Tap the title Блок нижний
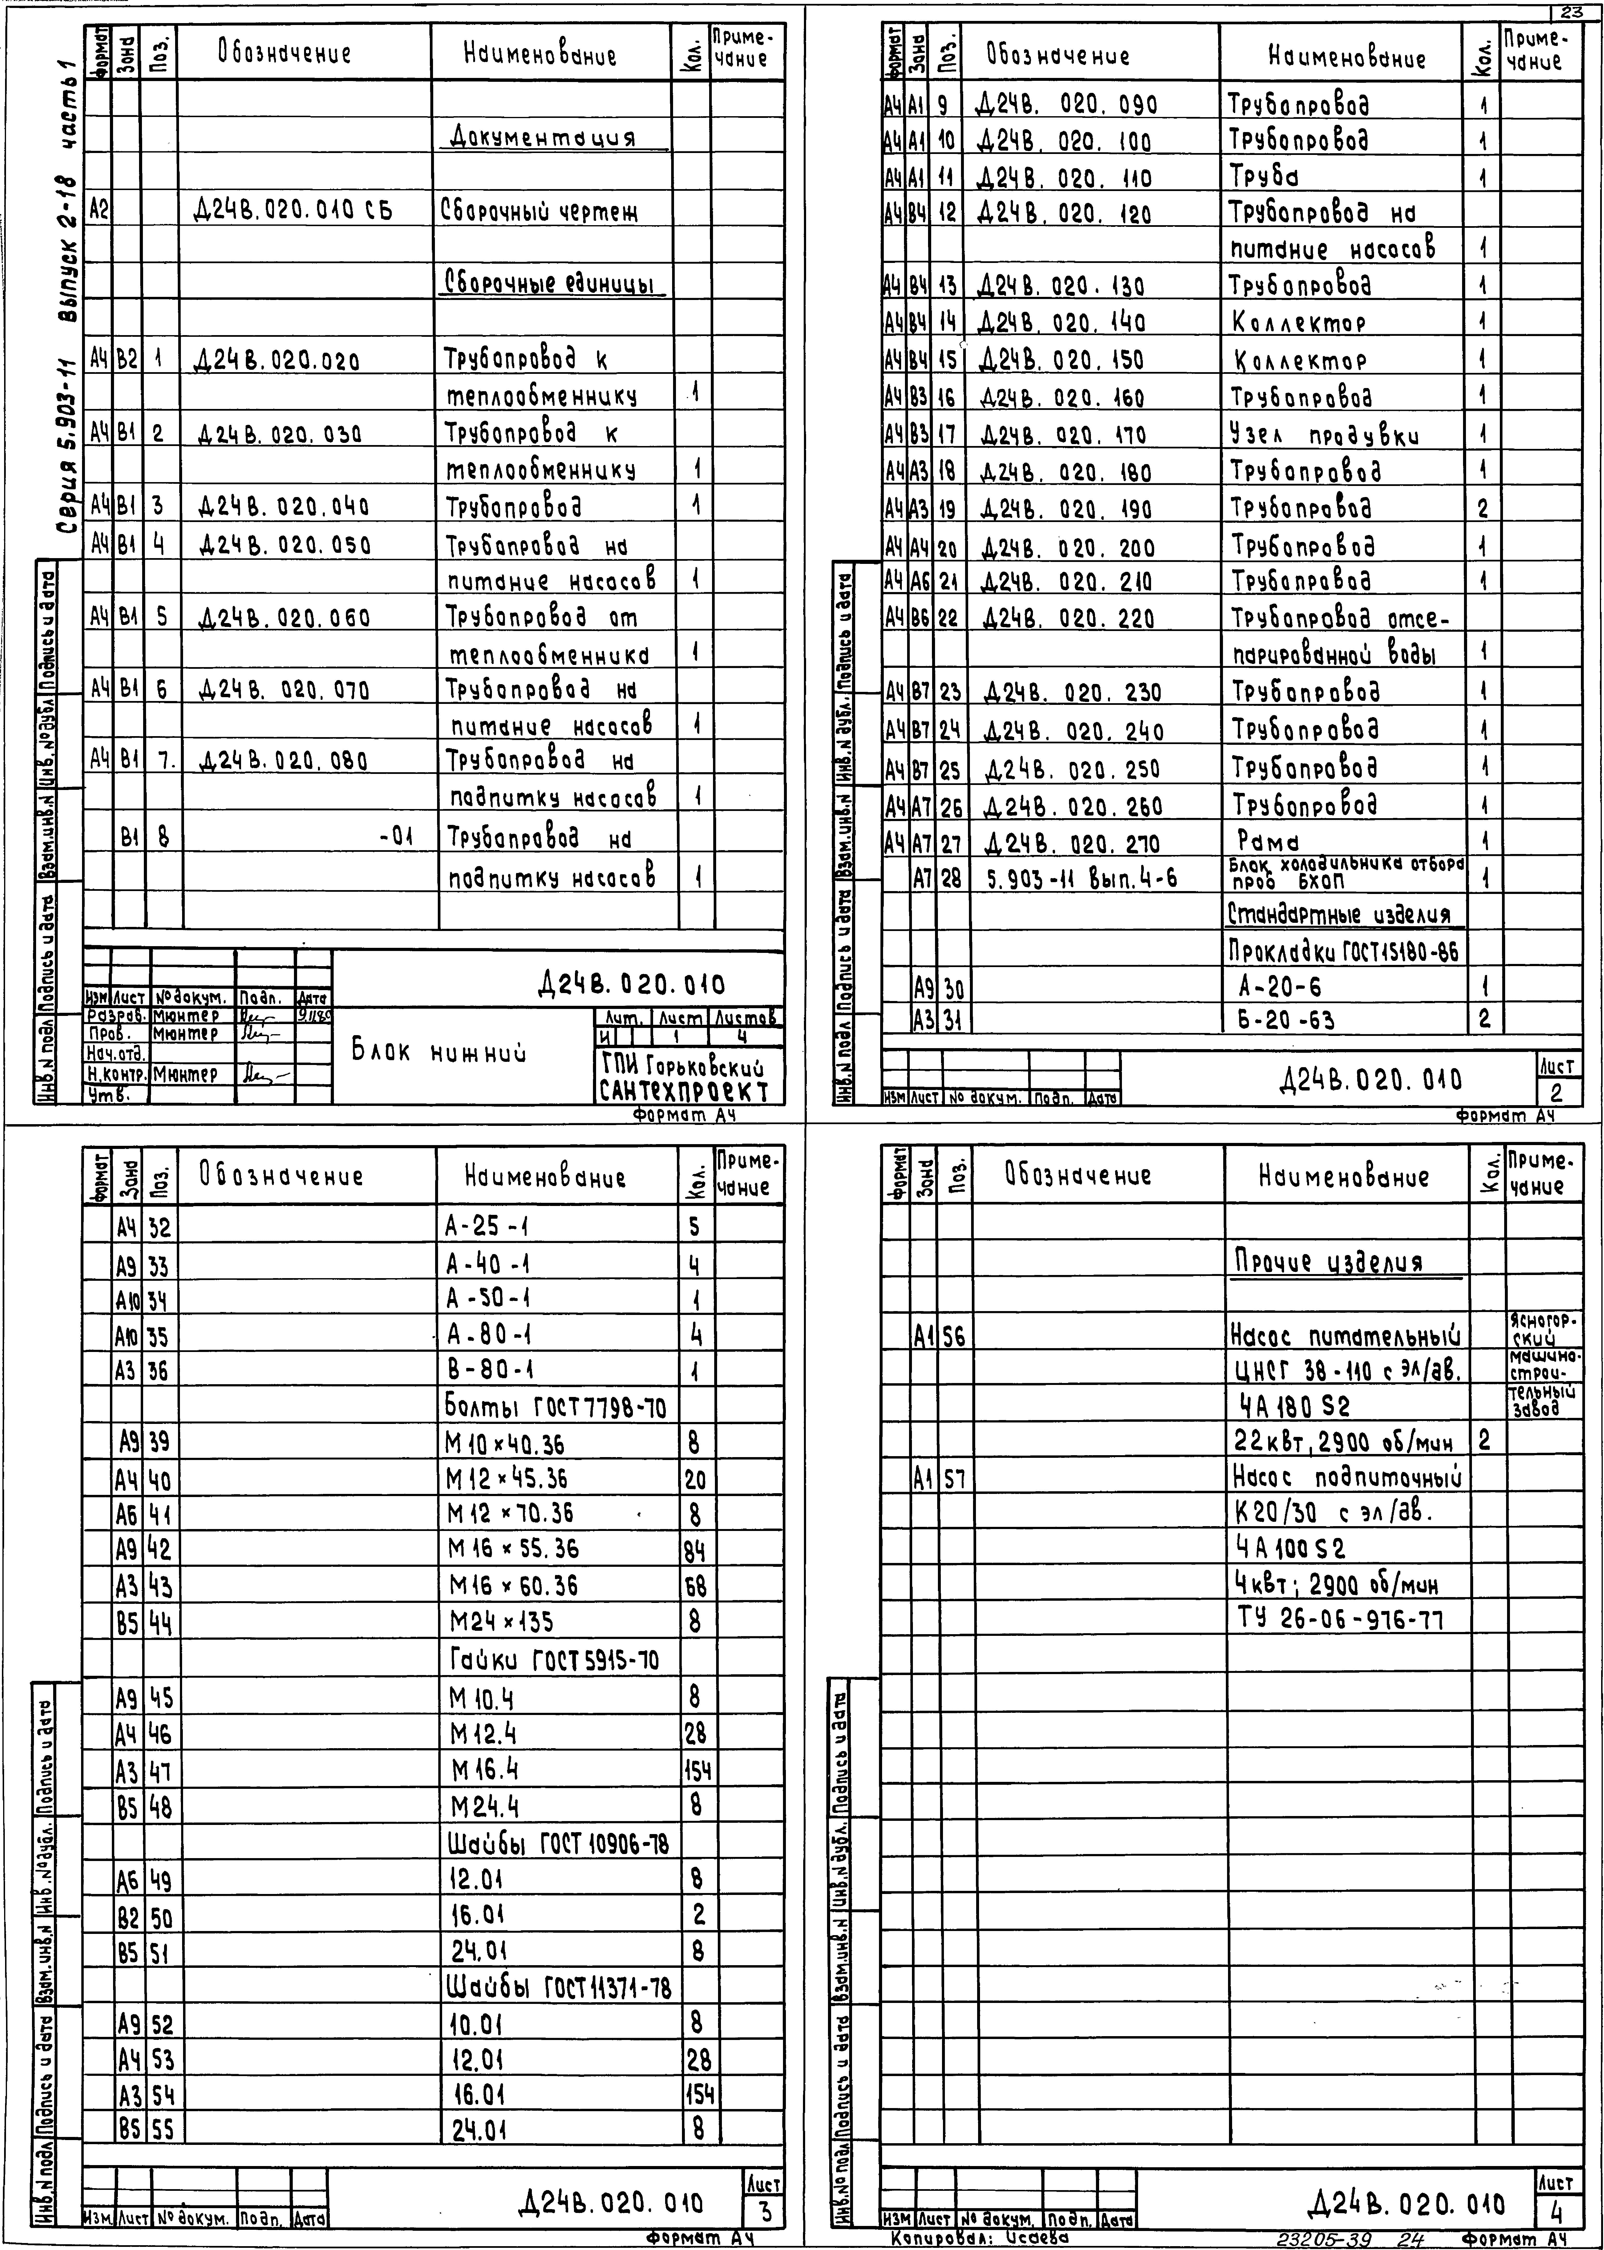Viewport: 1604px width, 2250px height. click(439, 1053)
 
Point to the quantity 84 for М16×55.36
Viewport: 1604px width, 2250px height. click(694, 1550)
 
